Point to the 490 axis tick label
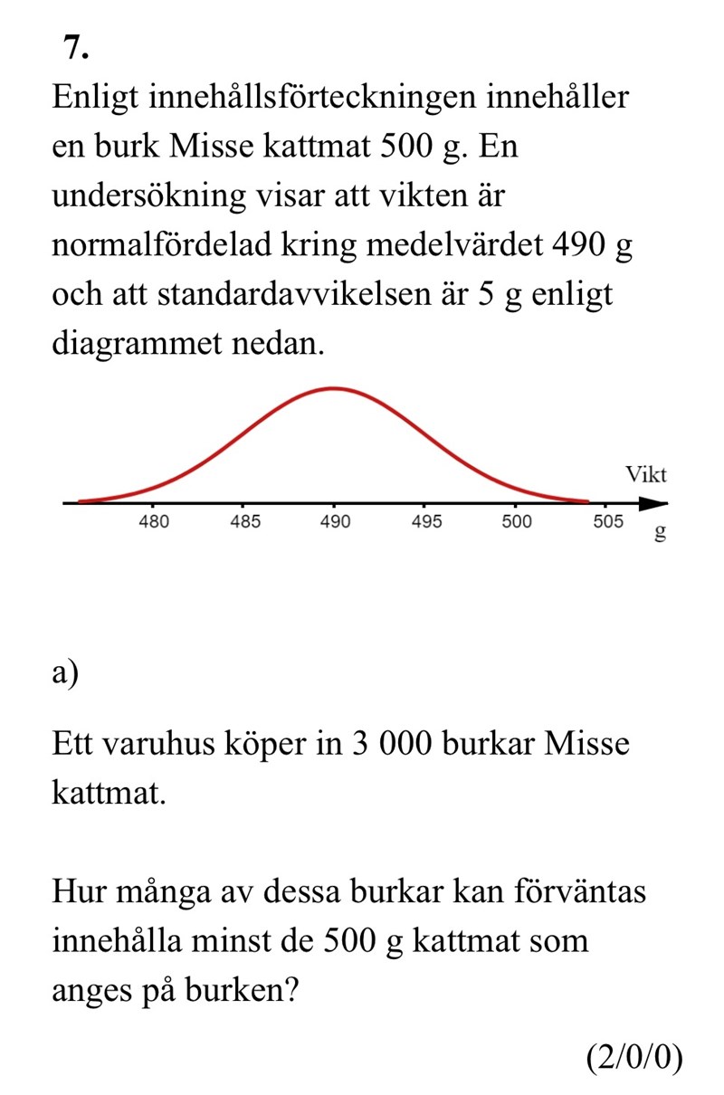[x=335, y=522]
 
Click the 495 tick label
[x=425, y=522]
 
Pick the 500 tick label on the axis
[x=516, y=522]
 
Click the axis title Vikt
[x=646, y=475]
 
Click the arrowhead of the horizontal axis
[x=658, y=502]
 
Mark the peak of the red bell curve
[x=334, y=388]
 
